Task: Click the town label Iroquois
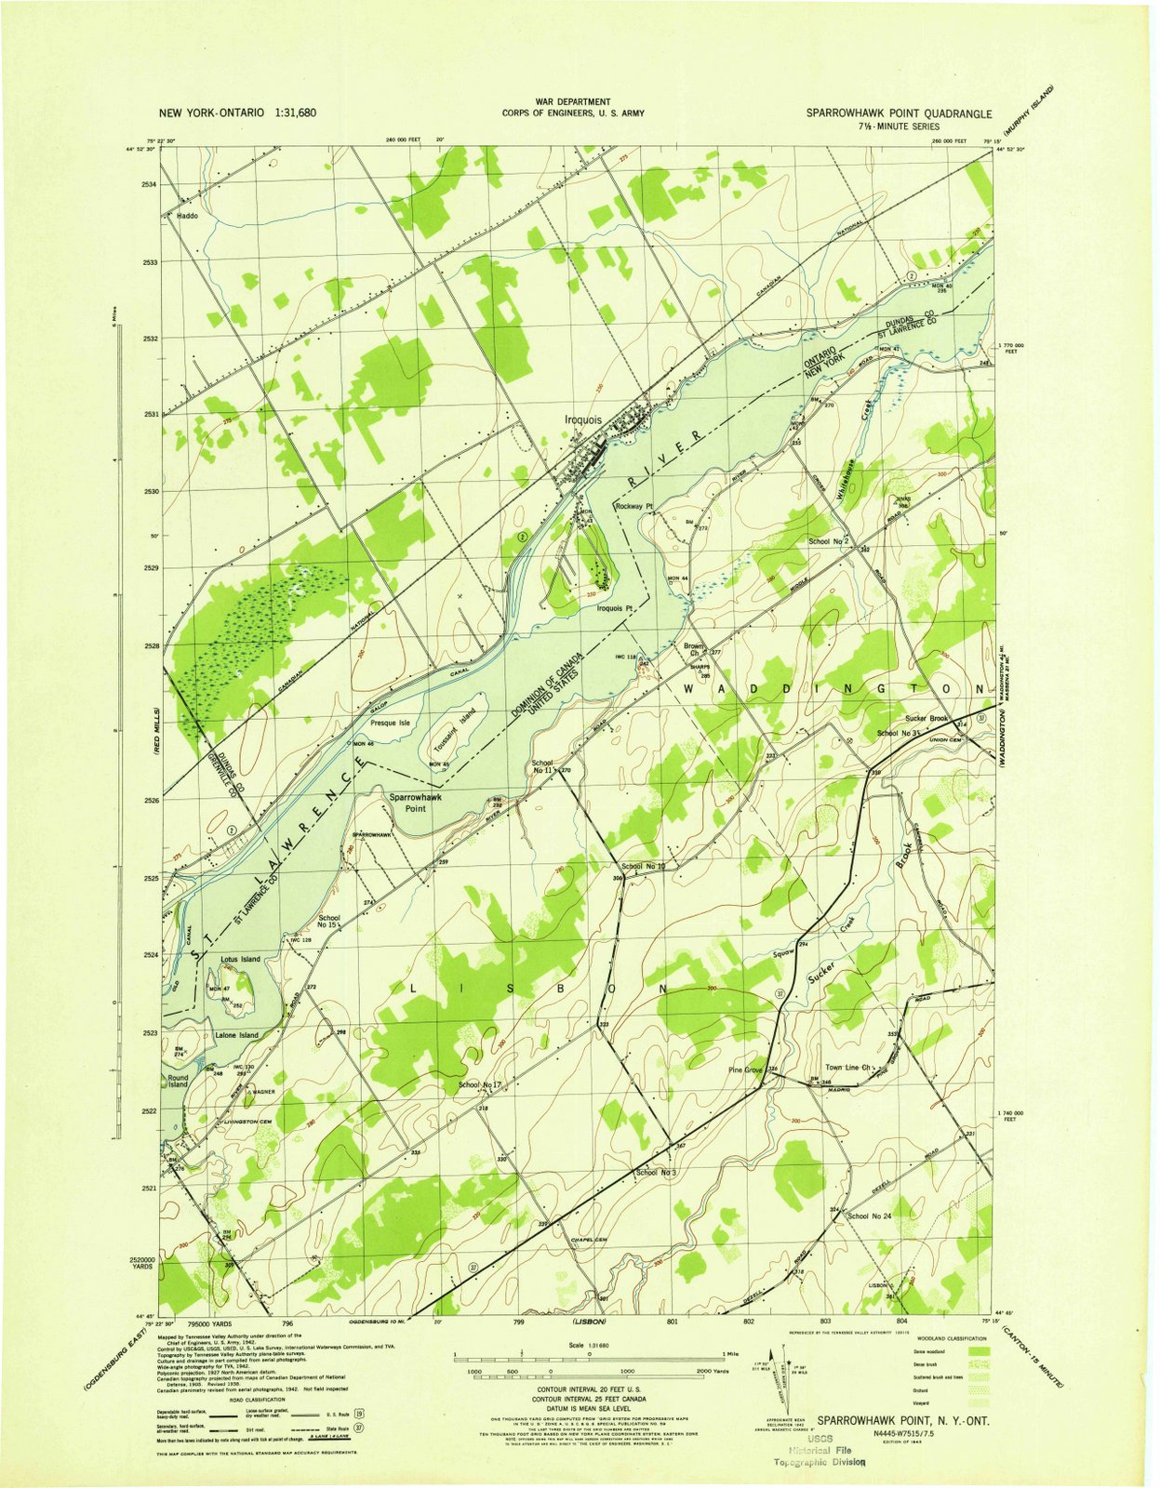(583, 419)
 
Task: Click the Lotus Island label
(240, 959)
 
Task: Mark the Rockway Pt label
(635, 507)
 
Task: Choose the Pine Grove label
(746, 1070)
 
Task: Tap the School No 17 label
(480, 1085)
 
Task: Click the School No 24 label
(869, 1216)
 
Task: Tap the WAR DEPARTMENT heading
(573, 101)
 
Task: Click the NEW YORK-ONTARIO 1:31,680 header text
(238, 113)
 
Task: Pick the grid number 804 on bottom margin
(900, 1321)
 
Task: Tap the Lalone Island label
(236, 1035)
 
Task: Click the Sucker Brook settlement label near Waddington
(926, 719)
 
